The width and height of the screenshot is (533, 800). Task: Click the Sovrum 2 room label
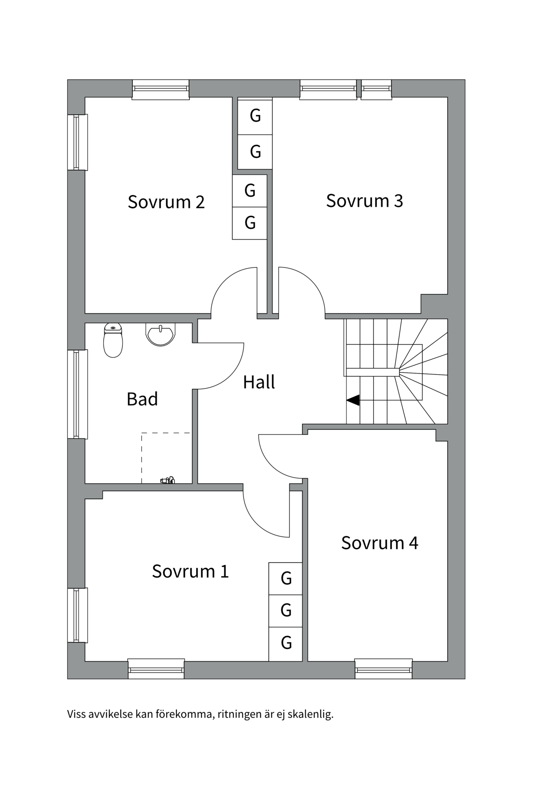[x=166, y=202]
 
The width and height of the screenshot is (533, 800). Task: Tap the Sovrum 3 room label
[x=364, y=201]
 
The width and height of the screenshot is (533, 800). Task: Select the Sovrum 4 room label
[x=379, y=543]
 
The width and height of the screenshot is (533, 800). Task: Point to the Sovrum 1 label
[x=190, y=571]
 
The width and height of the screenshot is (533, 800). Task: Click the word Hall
[x=259, y=382]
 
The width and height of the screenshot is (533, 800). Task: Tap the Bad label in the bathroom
[x=142, y=399]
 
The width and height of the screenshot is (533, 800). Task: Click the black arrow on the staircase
[x=353, y=400]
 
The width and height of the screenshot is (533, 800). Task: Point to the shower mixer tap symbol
[x=168, y=480]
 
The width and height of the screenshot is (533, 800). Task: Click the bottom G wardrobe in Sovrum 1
[x=286, y=643]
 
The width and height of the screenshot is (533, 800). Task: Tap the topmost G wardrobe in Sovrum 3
[x=255, y=116]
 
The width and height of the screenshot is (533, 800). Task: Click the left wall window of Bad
[x=77, y=394]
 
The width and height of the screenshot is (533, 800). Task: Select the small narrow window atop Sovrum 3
[x=376, y=89]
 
